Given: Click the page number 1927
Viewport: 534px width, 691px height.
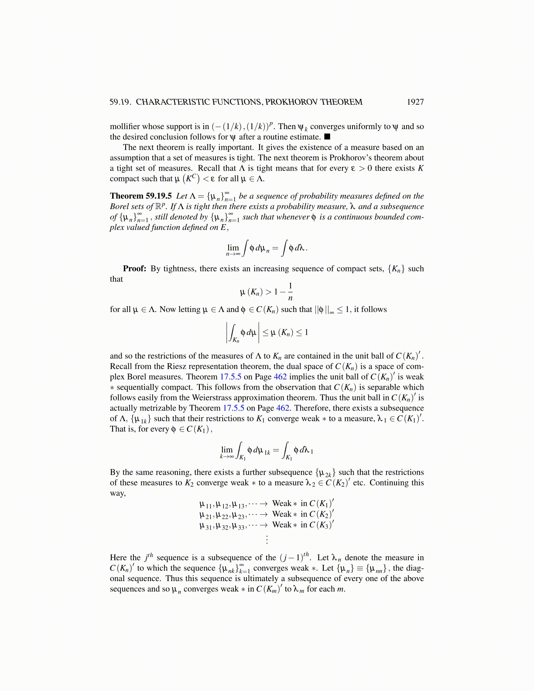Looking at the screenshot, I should [x=415, y=102].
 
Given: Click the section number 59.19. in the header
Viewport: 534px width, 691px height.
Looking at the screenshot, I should [x=120, y=102].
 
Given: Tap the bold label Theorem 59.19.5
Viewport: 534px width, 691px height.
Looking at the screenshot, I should [x=140, y=196].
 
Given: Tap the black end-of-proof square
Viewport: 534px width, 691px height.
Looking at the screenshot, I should [x=327, y=137].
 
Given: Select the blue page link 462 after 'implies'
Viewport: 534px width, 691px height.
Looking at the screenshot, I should [x=280, y=377].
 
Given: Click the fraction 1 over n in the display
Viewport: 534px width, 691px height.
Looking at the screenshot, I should [x=290, y=292].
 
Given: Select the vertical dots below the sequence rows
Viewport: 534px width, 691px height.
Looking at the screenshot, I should [x=267, y=539].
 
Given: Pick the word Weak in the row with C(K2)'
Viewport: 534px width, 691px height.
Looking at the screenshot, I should [x=281, y=514].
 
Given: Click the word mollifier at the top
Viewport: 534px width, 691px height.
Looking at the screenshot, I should [x=125, y=127].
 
